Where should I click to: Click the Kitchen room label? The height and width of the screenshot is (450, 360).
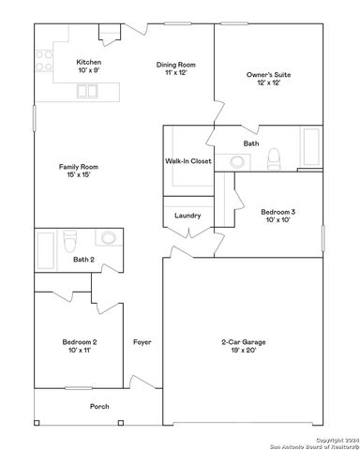(89, 62)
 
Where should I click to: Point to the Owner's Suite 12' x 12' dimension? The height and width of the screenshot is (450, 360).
(263, 82)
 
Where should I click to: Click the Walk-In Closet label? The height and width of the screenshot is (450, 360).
(188, 161)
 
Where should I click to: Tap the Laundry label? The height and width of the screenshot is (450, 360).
(187, 216)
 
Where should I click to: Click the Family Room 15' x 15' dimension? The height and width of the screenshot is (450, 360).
(80, 175)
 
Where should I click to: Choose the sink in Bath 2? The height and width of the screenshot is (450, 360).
(107, 238)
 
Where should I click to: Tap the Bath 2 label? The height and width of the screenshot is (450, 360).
(85, 260)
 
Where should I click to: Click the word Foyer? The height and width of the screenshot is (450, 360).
(142, 342)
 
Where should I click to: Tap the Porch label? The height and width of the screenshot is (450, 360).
(99, 406)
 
